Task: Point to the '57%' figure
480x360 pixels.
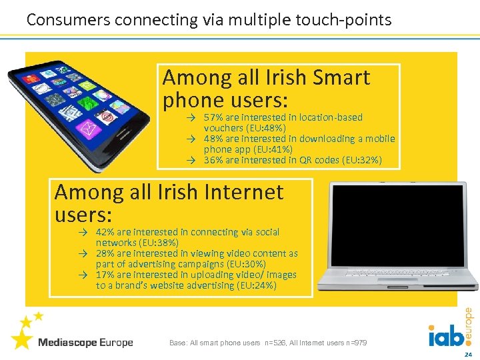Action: [213, 117]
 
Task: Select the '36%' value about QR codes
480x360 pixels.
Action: [213, 160]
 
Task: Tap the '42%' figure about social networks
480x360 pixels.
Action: [105, 232]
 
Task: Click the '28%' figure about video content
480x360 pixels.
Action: [105, 253]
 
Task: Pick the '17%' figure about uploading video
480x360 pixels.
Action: [105, 275]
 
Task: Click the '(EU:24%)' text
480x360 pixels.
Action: [256, 285]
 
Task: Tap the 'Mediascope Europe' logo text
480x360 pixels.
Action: [85, 343]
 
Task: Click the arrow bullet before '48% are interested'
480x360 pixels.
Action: [190, 139]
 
